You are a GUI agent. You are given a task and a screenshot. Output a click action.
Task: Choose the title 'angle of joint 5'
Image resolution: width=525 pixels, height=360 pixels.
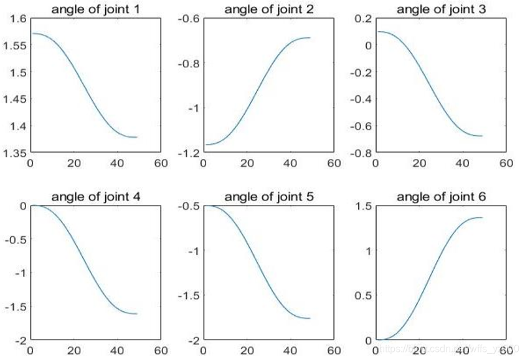268,197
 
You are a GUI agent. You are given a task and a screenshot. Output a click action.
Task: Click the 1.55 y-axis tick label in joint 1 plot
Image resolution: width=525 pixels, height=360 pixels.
14,45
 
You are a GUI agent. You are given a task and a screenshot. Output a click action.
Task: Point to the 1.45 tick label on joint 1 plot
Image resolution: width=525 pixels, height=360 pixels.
14,99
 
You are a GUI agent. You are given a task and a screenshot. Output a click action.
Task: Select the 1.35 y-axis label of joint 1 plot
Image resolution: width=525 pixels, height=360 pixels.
14,153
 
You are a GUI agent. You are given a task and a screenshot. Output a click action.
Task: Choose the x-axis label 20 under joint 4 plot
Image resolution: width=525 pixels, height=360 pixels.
74,351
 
